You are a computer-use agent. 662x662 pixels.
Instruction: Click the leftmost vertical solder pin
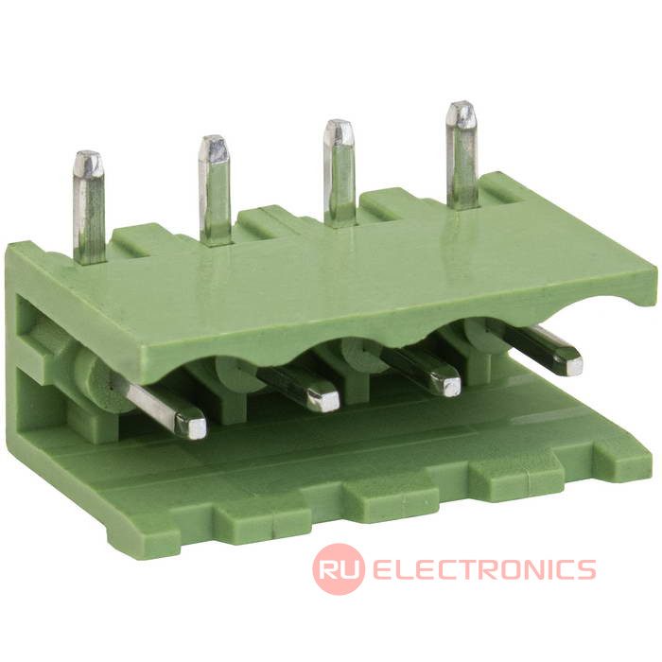[89, 207]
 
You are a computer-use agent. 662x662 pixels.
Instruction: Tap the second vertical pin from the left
[215, 190]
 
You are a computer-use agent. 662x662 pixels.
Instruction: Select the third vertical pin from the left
[339, 173]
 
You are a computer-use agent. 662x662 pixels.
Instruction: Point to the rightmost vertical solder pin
[462, 155]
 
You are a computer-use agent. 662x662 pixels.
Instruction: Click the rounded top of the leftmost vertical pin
[88, 163]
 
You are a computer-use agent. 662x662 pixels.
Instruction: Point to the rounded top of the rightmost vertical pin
[462, 113]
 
